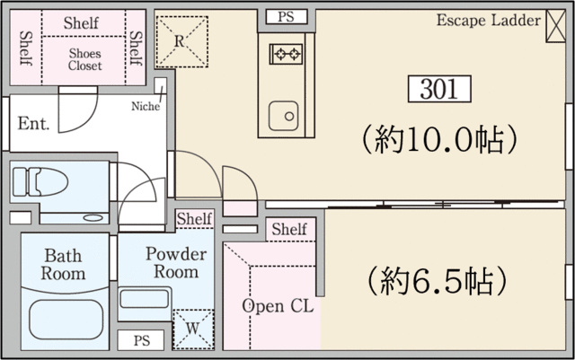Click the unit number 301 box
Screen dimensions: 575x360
point(439,89)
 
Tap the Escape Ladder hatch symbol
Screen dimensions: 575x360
point(555,26)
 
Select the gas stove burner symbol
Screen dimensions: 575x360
point(286,54)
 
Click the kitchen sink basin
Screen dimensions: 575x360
point(284,116)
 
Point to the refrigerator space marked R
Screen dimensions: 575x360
point(181,42)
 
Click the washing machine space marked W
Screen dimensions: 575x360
point(193,329)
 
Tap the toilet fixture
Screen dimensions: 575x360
point(40,182)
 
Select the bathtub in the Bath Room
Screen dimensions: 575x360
point(66,320)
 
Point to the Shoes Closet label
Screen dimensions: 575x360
point(84,59)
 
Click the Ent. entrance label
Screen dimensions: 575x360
point(33,124)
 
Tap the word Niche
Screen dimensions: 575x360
point(146,106)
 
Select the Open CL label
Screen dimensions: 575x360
point(278,306)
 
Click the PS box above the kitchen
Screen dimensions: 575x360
point(286,17)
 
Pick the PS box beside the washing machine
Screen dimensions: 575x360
point(141,340)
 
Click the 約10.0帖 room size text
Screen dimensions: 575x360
point(439,140)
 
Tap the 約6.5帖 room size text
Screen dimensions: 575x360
point(438,282)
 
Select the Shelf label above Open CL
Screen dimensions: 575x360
point(289,230)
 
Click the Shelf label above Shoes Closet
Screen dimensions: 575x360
point(81,23)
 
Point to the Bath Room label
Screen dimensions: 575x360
point(63,265)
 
